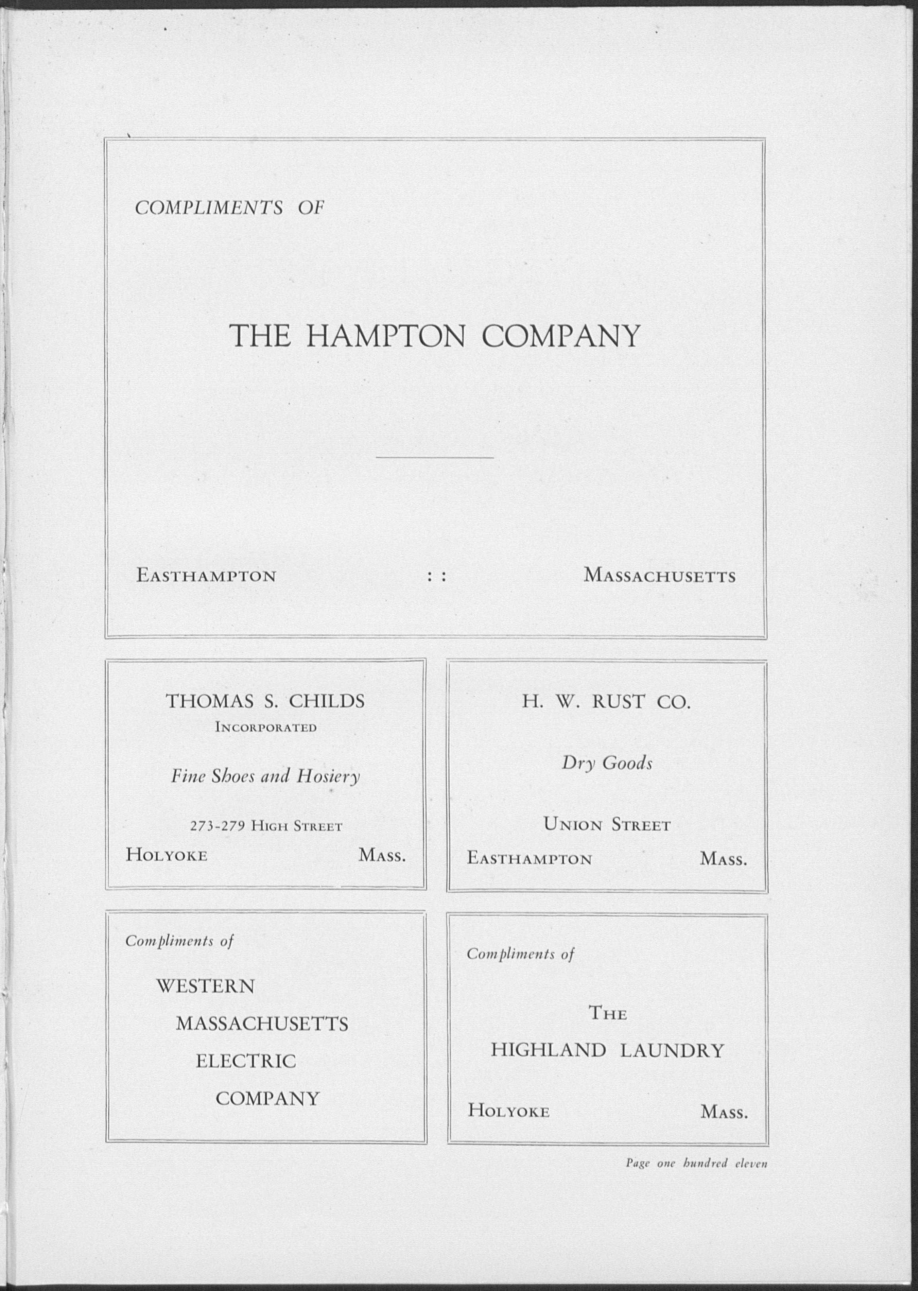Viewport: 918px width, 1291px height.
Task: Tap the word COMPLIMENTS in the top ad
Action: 209,209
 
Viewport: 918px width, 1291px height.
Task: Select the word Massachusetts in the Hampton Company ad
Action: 660,576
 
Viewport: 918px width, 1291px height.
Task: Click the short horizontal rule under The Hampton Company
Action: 434,457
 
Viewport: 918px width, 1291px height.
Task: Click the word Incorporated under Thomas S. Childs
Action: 266,727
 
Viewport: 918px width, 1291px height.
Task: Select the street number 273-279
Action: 216,827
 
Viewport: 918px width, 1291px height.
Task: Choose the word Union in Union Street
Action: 573,825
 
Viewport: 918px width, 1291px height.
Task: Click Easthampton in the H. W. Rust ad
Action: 529,859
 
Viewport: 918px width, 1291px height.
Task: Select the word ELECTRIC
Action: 246,1061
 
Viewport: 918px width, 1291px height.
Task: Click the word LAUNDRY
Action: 672,1051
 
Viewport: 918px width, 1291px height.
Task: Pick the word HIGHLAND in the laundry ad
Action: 548,1051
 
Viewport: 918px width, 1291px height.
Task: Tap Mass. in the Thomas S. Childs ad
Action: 382,855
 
